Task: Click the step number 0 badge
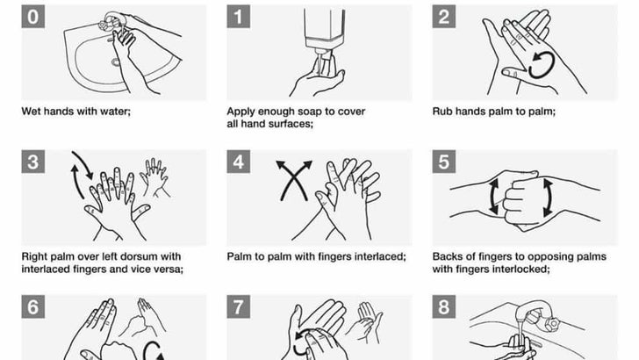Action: point(33,17)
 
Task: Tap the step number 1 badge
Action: point(239,17)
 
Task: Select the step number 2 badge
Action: point(444,17)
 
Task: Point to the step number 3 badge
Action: point(33,162)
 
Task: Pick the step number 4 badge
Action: point(239,162)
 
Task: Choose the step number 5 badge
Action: point(444,162)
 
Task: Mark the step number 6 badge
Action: point(33,306)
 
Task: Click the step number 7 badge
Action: point(239,306)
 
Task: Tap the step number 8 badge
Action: point(444,306)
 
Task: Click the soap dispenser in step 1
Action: point(325,31)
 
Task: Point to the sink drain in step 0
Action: point(116,62)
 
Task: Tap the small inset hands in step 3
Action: point(154,177)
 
